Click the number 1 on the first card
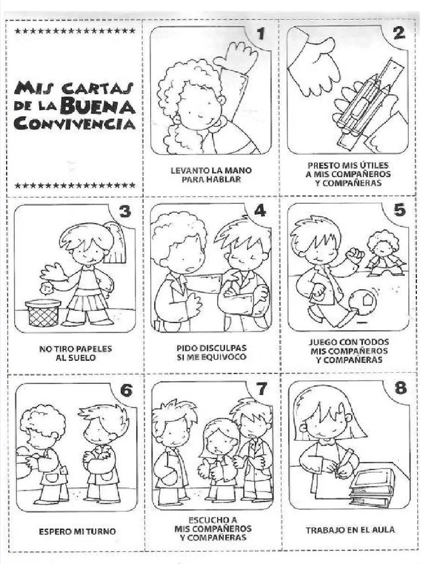point(261,34)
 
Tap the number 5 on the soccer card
point(400,210)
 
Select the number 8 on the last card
point(400,388)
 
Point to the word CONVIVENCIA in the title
point(74,124)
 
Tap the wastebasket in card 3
point(43,313)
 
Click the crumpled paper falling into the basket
point(46,288)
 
